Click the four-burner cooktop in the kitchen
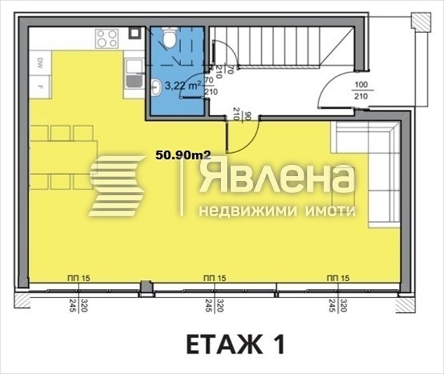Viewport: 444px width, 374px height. [107, 38]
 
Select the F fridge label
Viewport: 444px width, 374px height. [41, 87]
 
